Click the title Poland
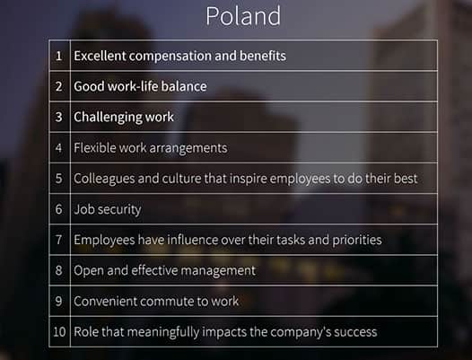coord(242,16)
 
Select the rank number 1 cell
coord(59,56)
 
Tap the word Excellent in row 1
coord(100,56)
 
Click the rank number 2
coord(59,86)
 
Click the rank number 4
coord(59,147)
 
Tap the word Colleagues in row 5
coord(104,179)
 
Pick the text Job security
coord(108,209)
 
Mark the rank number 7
coord(59,240)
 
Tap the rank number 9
coord(59,301)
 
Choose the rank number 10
coord(59,331)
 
